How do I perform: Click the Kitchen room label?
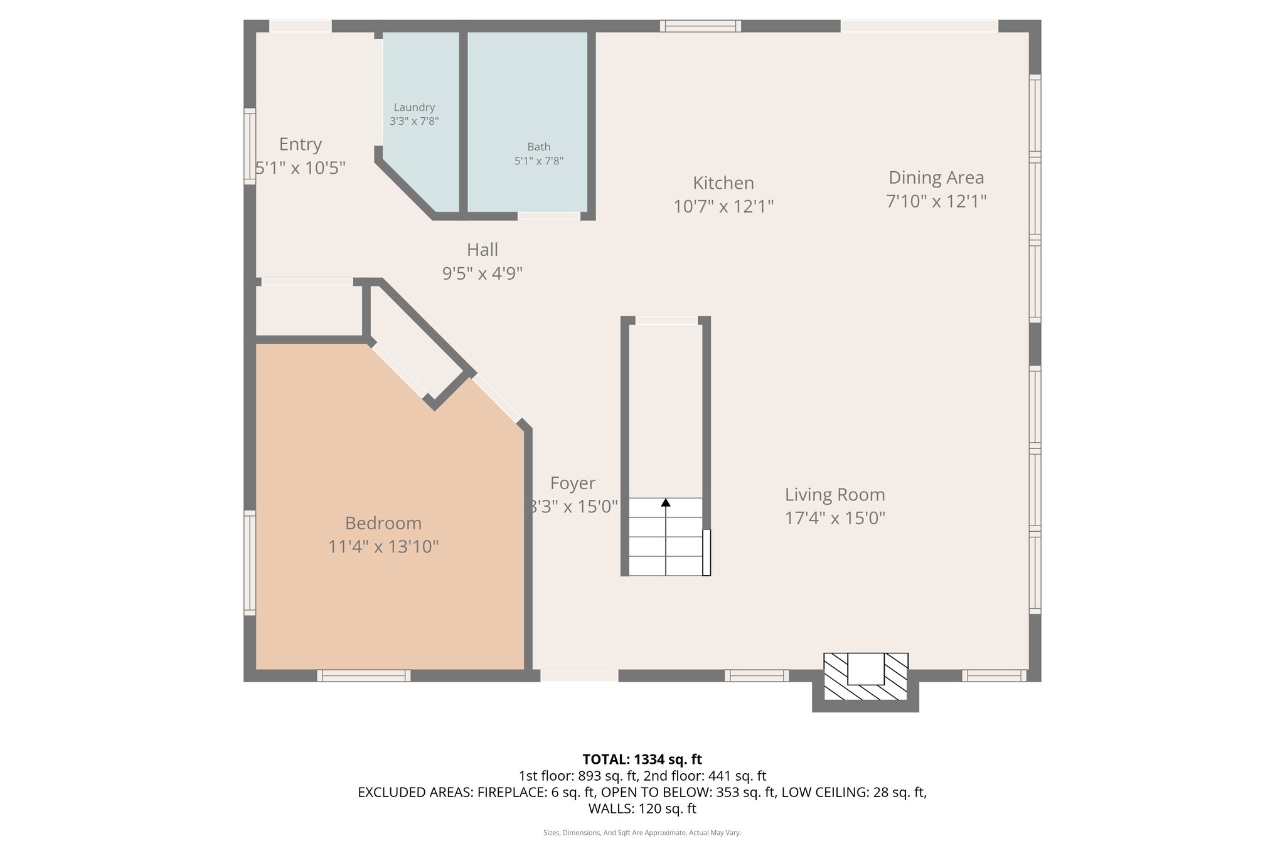tap(723, 183)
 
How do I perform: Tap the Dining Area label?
tap(936, 177)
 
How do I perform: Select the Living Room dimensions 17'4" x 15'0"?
tap(834, 518)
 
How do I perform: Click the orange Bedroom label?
tap(383, 523)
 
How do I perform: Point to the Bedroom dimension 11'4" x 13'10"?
tap(383, 547)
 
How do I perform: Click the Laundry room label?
tap(414, 107)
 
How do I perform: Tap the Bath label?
tap(538, 147)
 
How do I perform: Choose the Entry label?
tap(300, 144)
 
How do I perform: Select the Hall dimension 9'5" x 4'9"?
tap(482, 273)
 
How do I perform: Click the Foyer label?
tap(572, 483)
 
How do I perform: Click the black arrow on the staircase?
tap(666, 502)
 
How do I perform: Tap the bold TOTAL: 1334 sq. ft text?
tap(642, 759)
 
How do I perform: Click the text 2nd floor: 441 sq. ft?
tap(705, 776)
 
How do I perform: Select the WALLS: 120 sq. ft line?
tap(642, 808)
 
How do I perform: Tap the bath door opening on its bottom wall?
tap(548, 216)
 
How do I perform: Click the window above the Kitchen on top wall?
tap(700, 26)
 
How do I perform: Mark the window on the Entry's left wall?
tap(250, 146)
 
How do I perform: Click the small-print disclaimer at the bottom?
tap(642, 833)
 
